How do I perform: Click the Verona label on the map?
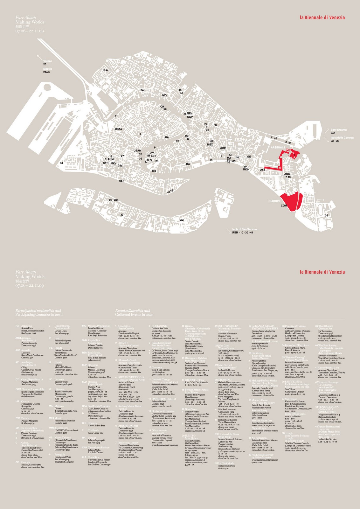pos(48,61)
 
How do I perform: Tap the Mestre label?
pos(47,69)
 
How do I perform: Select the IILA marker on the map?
pos(105,70)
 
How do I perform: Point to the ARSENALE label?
pos(278,148)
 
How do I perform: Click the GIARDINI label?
pos(274,201)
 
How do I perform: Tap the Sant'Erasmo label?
pos(338,130)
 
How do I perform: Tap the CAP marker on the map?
pos(121,181)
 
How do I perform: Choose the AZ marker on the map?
pos(182,220)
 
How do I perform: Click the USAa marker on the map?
pos(118,129)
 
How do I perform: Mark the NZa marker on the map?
pos(165,95)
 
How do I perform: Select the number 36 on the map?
pos(326,216)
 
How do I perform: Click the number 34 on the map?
pos(61,163)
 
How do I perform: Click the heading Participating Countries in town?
pos(39,314)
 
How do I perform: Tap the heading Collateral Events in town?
pos(134,314)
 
